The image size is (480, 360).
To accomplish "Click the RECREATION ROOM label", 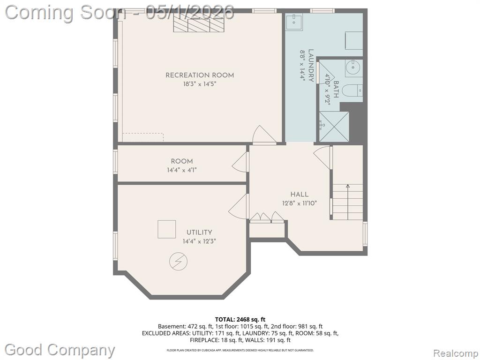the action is click(x=200, y=75).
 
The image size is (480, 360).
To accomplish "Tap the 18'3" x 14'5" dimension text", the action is click(x=200, y=84).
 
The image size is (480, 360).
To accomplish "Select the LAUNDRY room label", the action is click(x=311, y=65).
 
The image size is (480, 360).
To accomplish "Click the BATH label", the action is click(x=336, y=89).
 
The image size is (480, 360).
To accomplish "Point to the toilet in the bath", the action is click(x=352, y=91).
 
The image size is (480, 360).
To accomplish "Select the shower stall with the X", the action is click(x=334, y=127).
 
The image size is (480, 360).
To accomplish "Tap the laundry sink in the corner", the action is click(x=294, y=22).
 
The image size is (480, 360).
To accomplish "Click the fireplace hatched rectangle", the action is click(x=199, y=22).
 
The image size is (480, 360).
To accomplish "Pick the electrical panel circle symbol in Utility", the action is click(x=179, y=262).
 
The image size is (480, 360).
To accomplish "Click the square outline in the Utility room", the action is click(x=167, y=229).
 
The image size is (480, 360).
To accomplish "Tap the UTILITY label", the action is click(x=199, y=232).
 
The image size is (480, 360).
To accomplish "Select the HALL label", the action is click(x=300, y=195).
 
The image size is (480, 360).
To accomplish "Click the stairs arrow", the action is click(x=348, y=202).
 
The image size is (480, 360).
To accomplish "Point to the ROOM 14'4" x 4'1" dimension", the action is click(x=182, y=170).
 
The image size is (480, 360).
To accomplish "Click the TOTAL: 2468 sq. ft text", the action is click(x=240, y=320).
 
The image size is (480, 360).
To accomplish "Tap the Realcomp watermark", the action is click(x=455, y=353).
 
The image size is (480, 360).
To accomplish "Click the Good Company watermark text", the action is click(x=60, y=350).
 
